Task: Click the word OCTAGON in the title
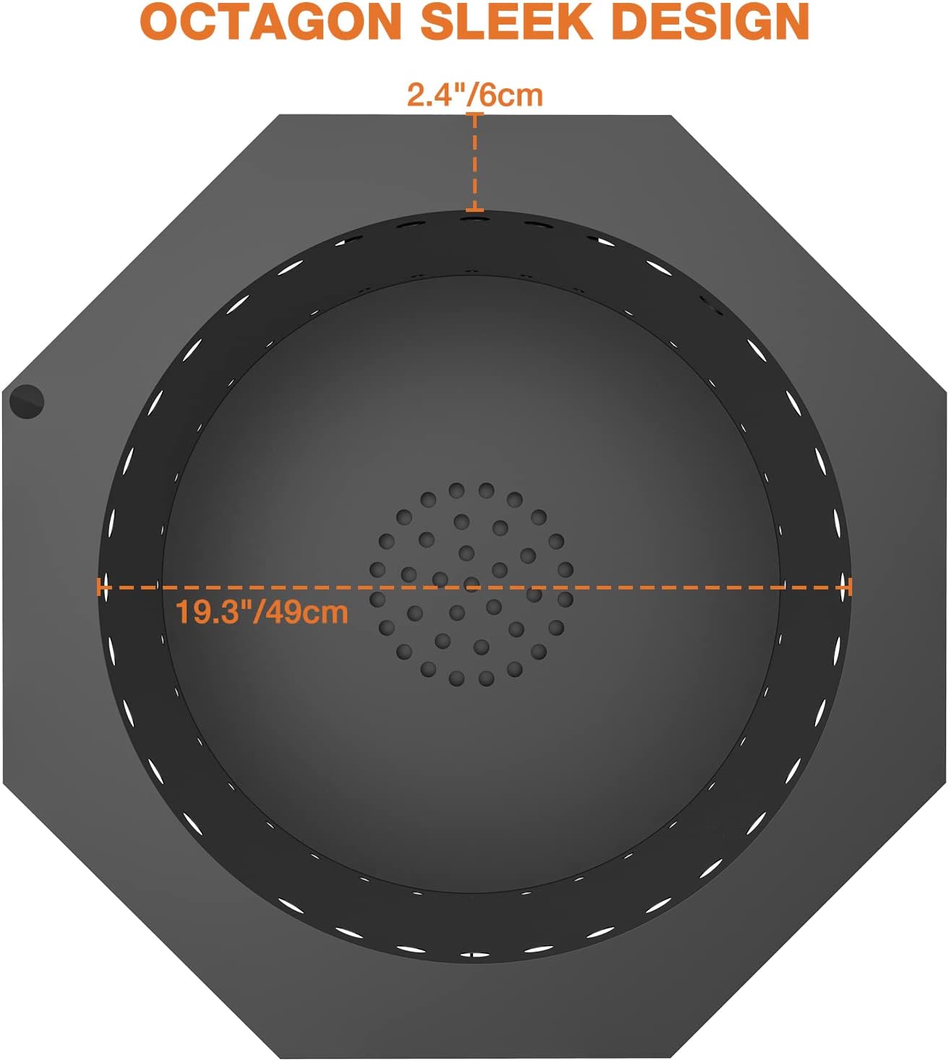click(x=271, y=22)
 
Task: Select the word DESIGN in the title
click(x=710, y=22)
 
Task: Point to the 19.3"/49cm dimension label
click(x=261, y=612)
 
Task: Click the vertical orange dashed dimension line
click(x=475, y=162)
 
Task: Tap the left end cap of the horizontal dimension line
click(x=99, y=587)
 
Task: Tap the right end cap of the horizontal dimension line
click(x=850, y=587)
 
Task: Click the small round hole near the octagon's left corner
click(x=27, y=401)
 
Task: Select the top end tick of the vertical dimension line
click(x=475, y=114)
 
